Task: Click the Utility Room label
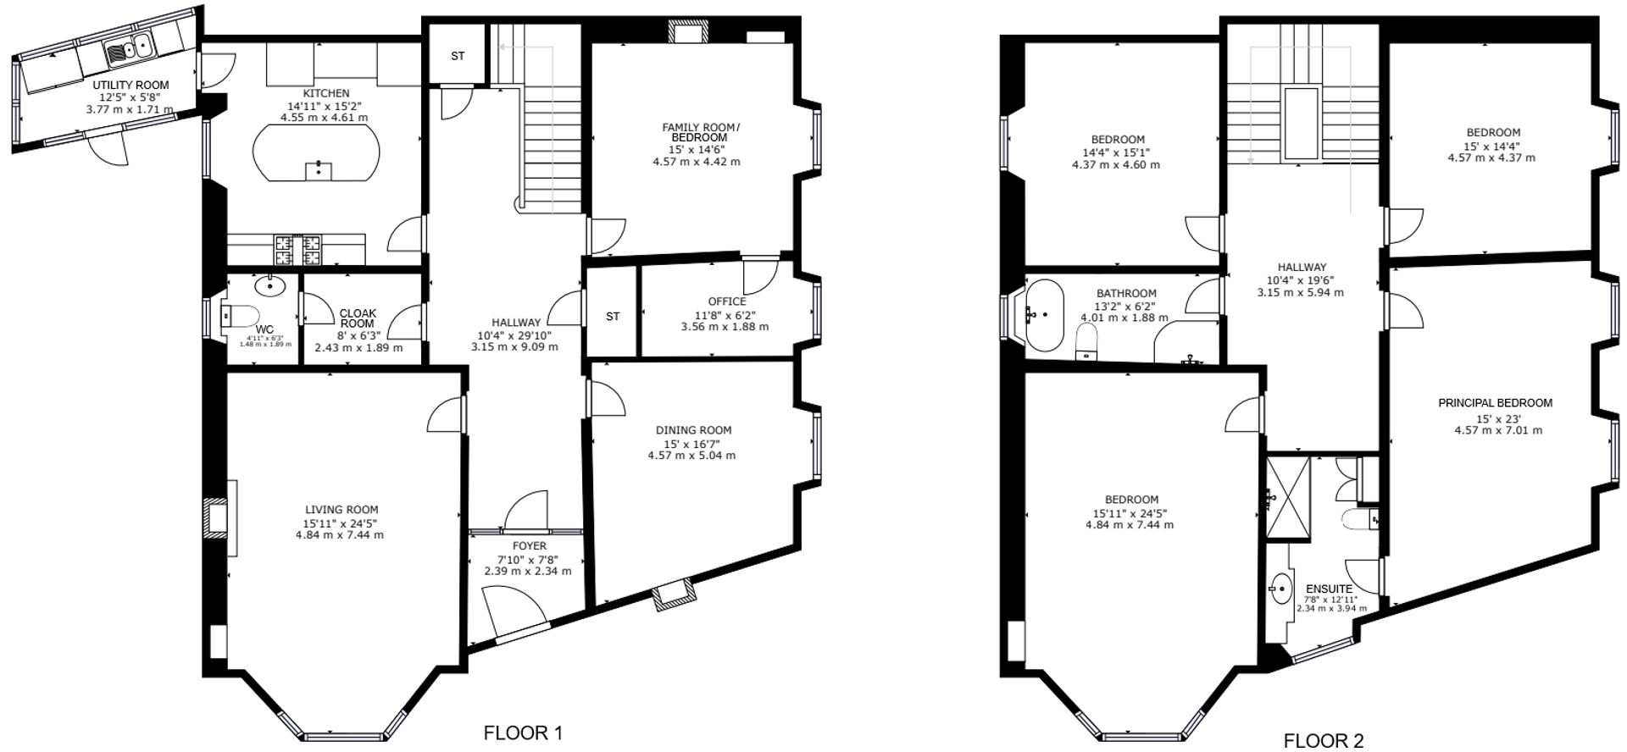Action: [x=130, y=85]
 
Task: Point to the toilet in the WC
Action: [x=238, y=316]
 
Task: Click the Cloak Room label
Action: [x=358, y=318]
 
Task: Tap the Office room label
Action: [x=727, y=301]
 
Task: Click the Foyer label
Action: [x=530, y=546]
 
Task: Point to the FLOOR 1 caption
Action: [x=522, y=733]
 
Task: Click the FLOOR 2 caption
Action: [x=1323, y=741]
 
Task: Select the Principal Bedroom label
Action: [x=1495, y=403]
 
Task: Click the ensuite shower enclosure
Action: [x=1288, y=498]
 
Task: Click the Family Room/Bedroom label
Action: [x=700, y=132]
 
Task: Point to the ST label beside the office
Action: [x=613, y=317]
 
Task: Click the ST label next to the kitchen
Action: [x=458, y=57]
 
